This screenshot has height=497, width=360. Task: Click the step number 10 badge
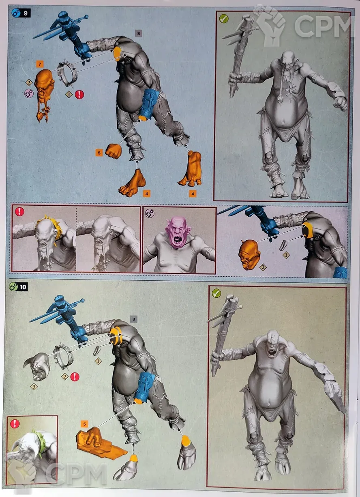18,287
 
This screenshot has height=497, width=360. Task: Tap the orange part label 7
40,65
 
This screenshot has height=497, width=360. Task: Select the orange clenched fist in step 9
113,151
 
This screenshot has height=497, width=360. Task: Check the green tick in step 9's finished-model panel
224,18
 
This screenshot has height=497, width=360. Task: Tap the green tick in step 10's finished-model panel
216,293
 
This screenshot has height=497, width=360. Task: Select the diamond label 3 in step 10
34,387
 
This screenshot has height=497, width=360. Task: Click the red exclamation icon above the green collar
15,424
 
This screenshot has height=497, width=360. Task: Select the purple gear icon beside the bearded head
29,94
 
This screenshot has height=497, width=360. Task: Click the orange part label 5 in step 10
84,424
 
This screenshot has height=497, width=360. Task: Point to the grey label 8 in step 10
133,319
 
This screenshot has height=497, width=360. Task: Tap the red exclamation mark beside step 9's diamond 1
79,95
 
